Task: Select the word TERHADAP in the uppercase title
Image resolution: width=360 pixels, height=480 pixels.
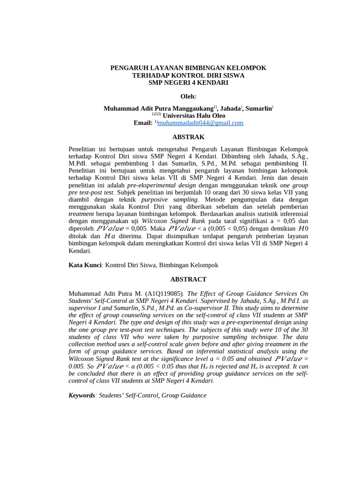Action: [x=150, y=75]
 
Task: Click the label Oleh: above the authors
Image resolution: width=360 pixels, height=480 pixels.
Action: [x=188, y=97]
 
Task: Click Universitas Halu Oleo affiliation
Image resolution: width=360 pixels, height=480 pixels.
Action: [x=194, y=115]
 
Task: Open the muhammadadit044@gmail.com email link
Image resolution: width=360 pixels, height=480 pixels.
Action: [x=200, y=123]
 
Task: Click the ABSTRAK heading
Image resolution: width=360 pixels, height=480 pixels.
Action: [x=188, y=137]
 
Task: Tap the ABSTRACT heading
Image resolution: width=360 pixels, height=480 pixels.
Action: [x=188, y=279]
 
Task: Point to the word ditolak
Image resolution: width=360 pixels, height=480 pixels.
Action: [x=79, y=236]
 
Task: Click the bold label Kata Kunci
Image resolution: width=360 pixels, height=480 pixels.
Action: [x=85, y=265]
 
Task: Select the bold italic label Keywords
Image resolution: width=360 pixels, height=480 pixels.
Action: [x=82, y=395]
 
